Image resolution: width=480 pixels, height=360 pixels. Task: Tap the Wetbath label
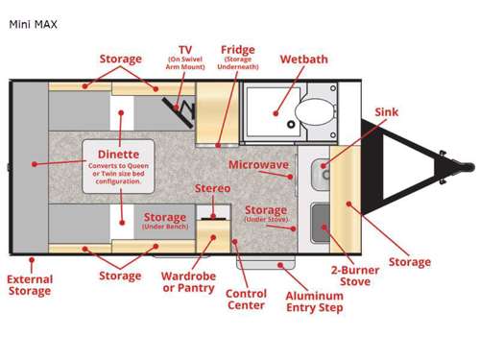[x=303, y=60]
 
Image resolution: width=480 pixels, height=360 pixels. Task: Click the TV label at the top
[x=185, y=49]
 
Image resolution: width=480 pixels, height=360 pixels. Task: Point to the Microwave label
[x=258, y=165]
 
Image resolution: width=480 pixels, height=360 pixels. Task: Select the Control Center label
[x=246, y=300]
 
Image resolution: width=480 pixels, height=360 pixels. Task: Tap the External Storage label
[x=30, y=285]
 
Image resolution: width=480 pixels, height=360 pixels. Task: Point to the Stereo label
[x=212, y=188]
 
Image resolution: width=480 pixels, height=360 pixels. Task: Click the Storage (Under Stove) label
[x=266, y=214]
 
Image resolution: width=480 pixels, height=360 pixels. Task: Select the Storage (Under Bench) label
[x=164, y=221]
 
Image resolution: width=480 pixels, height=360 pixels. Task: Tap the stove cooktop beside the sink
[x=322, y=217]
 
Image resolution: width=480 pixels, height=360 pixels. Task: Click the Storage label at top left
[x=120, y=60]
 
